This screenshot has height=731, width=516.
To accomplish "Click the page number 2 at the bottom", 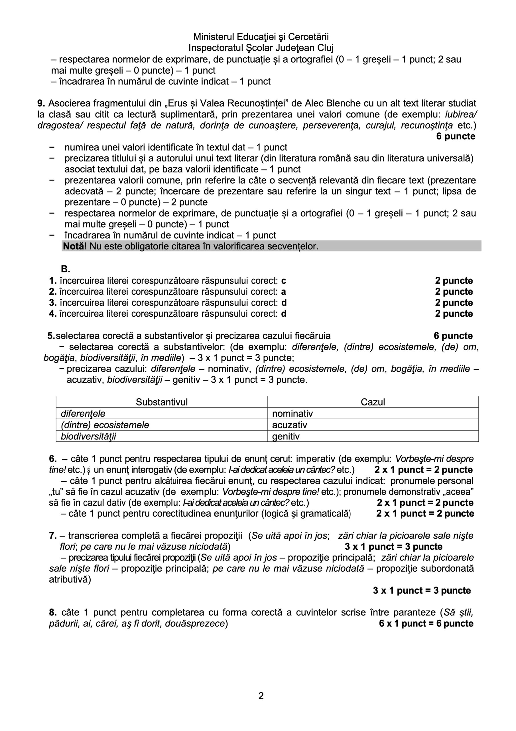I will (x=261, y=696).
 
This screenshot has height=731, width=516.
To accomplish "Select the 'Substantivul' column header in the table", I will (x=162, y=402).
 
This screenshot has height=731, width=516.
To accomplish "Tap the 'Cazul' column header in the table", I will (x=373, y=402).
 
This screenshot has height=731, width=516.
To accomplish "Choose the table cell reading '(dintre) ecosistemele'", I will (x=105, y=425).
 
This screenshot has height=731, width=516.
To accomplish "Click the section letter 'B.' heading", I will (x=65, y=269).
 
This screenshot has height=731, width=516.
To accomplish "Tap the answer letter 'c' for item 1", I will (x=284, y=281).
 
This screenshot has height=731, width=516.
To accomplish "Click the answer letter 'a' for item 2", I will (x=284, y=292).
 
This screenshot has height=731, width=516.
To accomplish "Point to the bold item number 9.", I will (x=41, y=103).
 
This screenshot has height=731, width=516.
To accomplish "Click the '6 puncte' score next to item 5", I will (x=453, y=336).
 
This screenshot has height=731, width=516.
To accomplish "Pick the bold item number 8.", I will (x=53, y=612).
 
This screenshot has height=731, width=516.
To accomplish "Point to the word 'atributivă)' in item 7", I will (x=70, y=579).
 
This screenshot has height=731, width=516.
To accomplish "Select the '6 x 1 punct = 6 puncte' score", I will (x=426, y=623).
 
